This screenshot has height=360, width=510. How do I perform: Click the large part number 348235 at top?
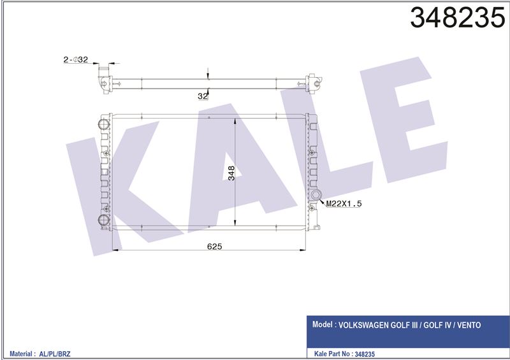[x=458, y=18]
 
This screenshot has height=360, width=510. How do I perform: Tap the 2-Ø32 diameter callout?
[x=75, y=59]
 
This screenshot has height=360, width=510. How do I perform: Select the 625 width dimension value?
[x=214, y=247]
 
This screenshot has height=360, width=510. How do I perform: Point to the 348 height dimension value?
[x=231, y=173]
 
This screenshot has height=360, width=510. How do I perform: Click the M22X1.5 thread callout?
[x=344, y=204]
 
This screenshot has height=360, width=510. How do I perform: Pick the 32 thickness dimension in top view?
[x=202, y=96]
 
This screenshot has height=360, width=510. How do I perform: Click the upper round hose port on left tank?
[x=104, y=124]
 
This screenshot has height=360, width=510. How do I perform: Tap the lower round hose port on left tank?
[x=104, y=220]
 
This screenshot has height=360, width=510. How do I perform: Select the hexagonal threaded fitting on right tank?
[x=316, y=195]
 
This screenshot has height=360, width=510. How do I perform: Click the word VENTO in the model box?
[x=469, y=325]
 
